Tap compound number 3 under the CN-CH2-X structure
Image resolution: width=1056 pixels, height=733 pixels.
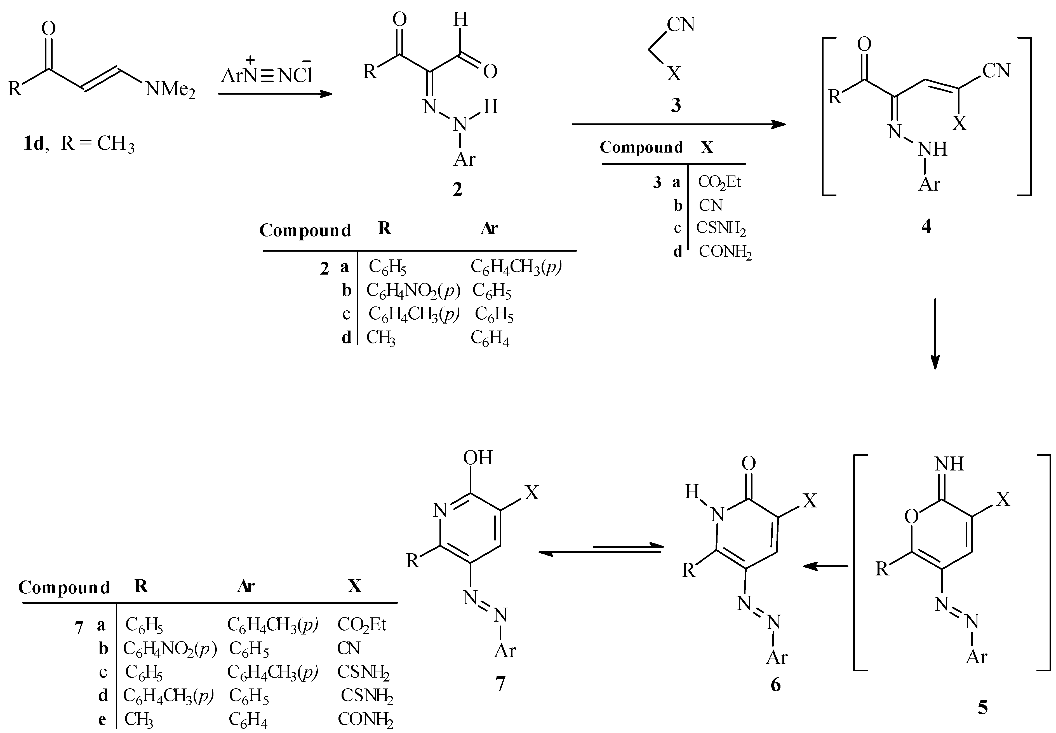click(676, 105)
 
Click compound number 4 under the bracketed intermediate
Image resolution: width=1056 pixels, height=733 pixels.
click(926, 226)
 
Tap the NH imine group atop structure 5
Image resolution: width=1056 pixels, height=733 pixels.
click(949, 464)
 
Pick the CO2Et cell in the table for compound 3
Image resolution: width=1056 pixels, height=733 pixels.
click(719, 182)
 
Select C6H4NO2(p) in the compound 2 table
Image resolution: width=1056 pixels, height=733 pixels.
click(413, 291)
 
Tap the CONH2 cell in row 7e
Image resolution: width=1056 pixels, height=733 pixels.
click(365, 719)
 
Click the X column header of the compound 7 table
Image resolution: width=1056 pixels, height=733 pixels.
click(354, 586)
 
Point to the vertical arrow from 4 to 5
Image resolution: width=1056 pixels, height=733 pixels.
click(934, 333)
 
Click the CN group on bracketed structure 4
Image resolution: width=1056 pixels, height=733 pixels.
click(996, 71)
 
